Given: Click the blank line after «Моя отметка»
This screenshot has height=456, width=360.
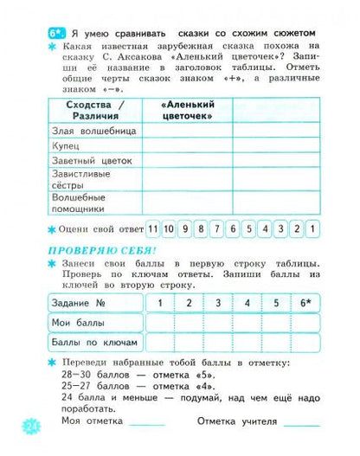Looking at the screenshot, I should [147, 423].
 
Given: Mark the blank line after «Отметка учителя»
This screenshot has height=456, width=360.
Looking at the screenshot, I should [303, 423].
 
